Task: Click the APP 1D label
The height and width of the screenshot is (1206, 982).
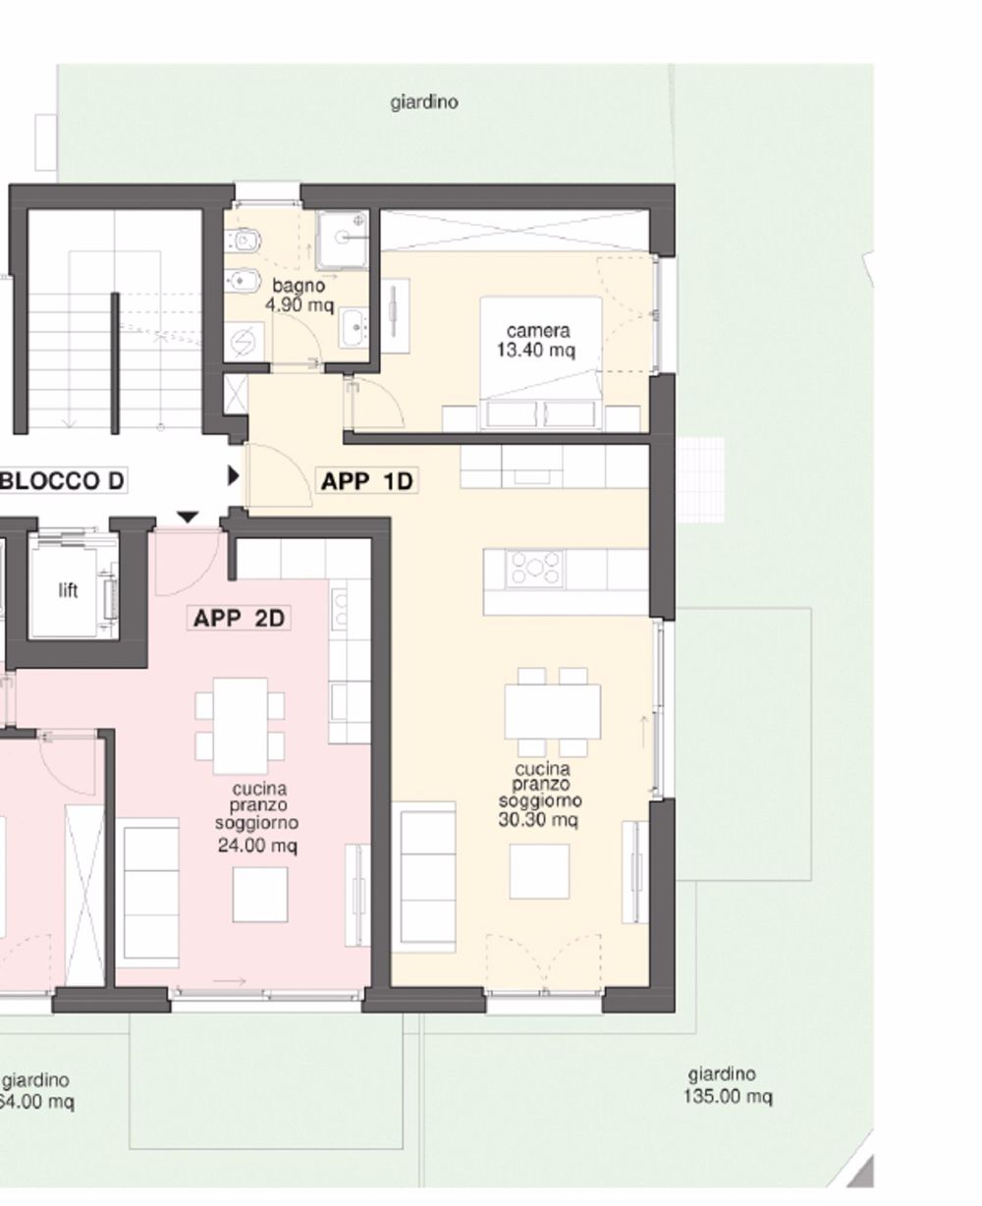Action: pos(366,481)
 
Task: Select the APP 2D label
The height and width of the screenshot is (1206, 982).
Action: pos(239,619)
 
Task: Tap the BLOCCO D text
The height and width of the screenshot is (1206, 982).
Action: pos(62,481)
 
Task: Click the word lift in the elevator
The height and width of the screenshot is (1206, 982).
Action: pos(68,590)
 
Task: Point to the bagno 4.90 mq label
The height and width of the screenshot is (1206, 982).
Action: pos(300,296)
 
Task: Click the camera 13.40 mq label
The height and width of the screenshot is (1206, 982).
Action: pos(536,340)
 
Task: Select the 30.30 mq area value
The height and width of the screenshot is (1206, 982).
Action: pos(538,819)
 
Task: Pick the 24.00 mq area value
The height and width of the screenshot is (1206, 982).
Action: pos(257,846)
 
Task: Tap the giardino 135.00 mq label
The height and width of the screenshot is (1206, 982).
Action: pos(728,1086)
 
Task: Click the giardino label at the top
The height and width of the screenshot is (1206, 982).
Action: pos(424,102)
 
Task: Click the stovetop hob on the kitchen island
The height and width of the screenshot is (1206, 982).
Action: pos(534,569)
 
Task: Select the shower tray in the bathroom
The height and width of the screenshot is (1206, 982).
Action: pos(343,239)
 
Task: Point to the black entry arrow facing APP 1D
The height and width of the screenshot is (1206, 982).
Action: pos(233,476)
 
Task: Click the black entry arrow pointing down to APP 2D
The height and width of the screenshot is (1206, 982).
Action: pos(188,517)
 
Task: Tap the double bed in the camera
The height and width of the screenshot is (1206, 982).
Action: pos(540,363)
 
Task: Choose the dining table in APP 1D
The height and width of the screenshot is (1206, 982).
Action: pos(553,711)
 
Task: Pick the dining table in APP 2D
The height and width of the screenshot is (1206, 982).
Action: pos(240,726)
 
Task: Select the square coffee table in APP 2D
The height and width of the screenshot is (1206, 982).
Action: pos(260,895)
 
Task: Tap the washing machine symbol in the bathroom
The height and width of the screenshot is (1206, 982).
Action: pos(245,341)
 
